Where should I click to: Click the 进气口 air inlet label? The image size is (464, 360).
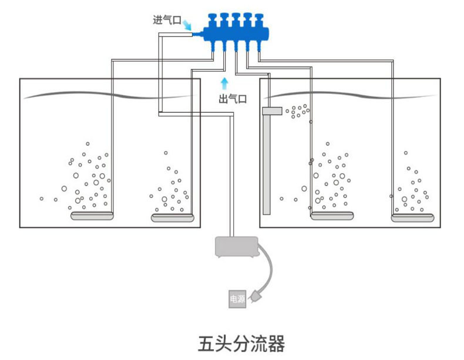167,20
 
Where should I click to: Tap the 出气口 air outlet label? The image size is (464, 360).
233,99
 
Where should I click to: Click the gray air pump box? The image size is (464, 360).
237,247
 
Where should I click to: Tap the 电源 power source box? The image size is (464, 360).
237,299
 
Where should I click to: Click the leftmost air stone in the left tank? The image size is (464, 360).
92,216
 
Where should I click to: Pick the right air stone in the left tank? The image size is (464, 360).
173,218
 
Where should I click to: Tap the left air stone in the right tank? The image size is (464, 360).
332,216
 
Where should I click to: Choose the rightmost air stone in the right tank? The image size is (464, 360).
413,218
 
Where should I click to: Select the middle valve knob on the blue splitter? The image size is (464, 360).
236,18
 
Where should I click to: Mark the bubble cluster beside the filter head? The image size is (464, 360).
298,111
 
